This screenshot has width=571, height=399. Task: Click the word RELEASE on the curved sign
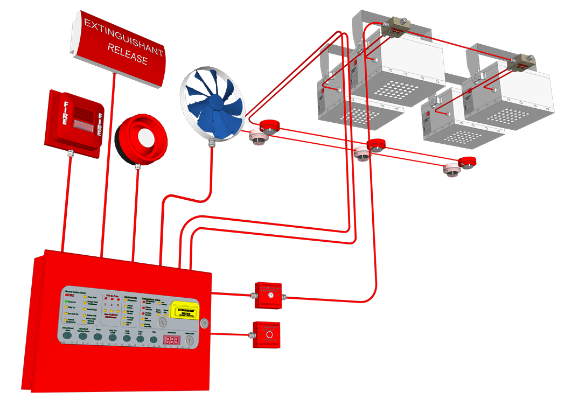pyautogui.click(x=128, y=54)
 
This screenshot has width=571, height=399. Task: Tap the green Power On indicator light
pyautogui.click(x=67, y=302)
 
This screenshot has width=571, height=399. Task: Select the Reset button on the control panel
pyautogui.click(x=98, y=337)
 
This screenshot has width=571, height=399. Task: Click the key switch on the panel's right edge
pyautogui.click(x=204, y=324)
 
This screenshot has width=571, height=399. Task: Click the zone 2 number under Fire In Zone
pyautogui.click(x=112, y=305)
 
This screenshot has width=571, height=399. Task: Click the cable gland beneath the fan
pyautogui.click(x=212, y=143)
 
